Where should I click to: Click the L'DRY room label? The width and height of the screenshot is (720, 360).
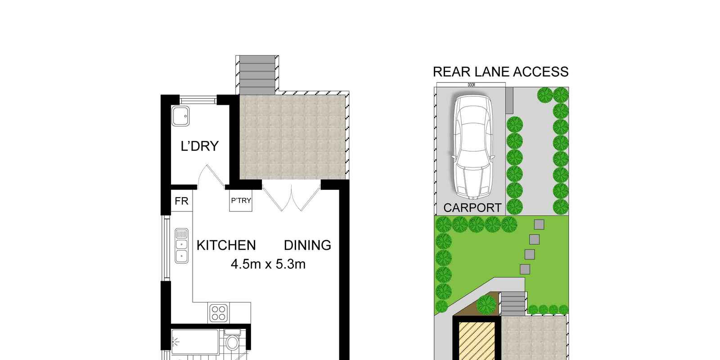200,146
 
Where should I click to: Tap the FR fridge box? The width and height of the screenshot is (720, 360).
182,201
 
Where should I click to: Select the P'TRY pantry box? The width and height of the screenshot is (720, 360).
241,201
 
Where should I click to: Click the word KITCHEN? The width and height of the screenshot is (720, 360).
226,245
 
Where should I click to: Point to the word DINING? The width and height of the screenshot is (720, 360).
307,245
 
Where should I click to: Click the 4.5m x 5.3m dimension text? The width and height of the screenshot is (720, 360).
268,264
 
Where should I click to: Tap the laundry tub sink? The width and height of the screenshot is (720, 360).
180,116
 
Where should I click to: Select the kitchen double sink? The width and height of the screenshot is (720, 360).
182,246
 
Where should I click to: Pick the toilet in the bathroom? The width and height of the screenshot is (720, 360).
232,340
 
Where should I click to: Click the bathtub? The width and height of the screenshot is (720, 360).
195,342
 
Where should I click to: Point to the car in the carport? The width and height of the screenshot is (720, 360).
473,147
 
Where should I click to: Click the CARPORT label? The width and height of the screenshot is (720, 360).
472,208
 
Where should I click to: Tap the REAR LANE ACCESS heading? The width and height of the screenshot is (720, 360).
501,72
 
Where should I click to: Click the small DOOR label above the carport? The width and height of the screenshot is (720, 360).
471,85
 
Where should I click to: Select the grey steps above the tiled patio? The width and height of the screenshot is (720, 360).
257,75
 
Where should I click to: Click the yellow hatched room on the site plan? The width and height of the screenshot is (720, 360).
477,341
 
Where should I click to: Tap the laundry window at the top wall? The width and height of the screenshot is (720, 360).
198,100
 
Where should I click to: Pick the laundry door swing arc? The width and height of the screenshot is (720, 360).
211,176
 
